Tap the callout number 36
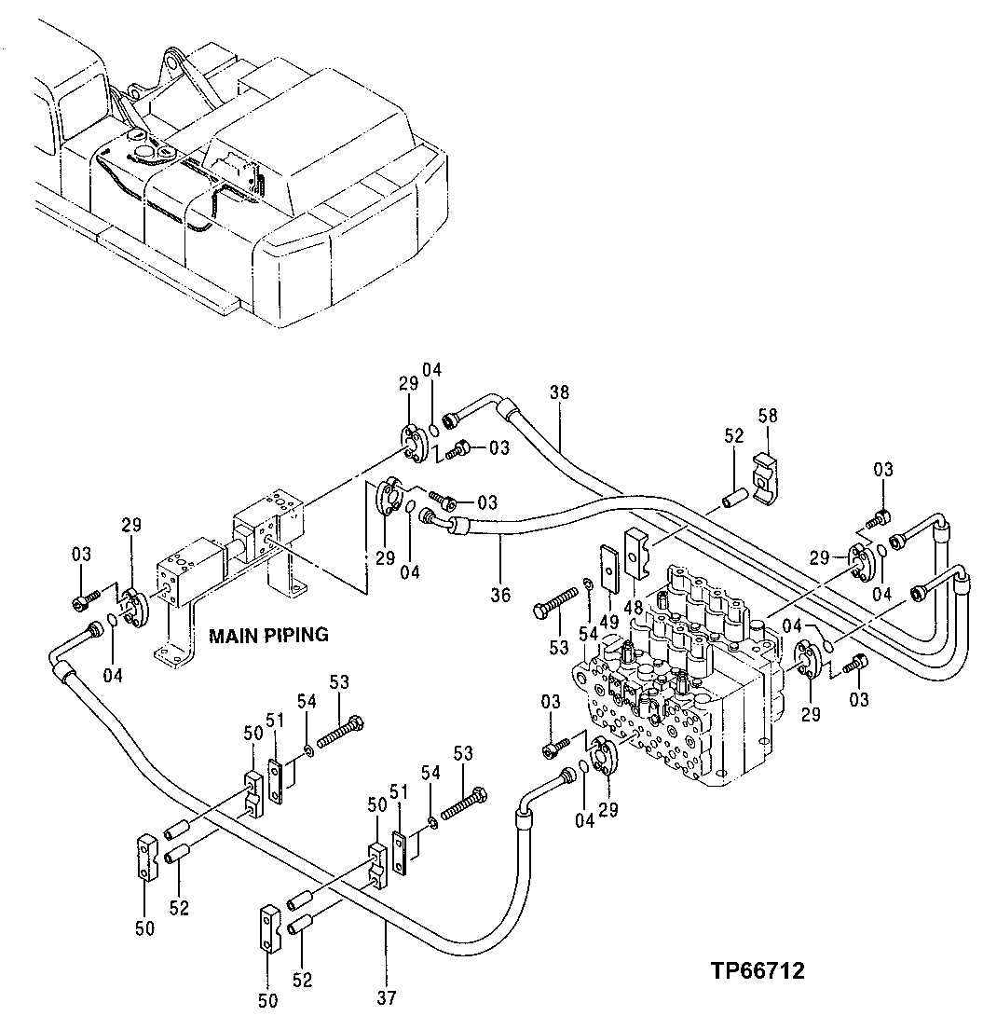click(x=500, y=593)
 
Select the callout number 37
click(x=387, y=997)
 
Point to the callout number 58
click(x=767, y=415)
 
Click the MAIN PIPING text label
click(x=268, y=636)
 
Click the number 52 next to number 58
click(x=734, y=435)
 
